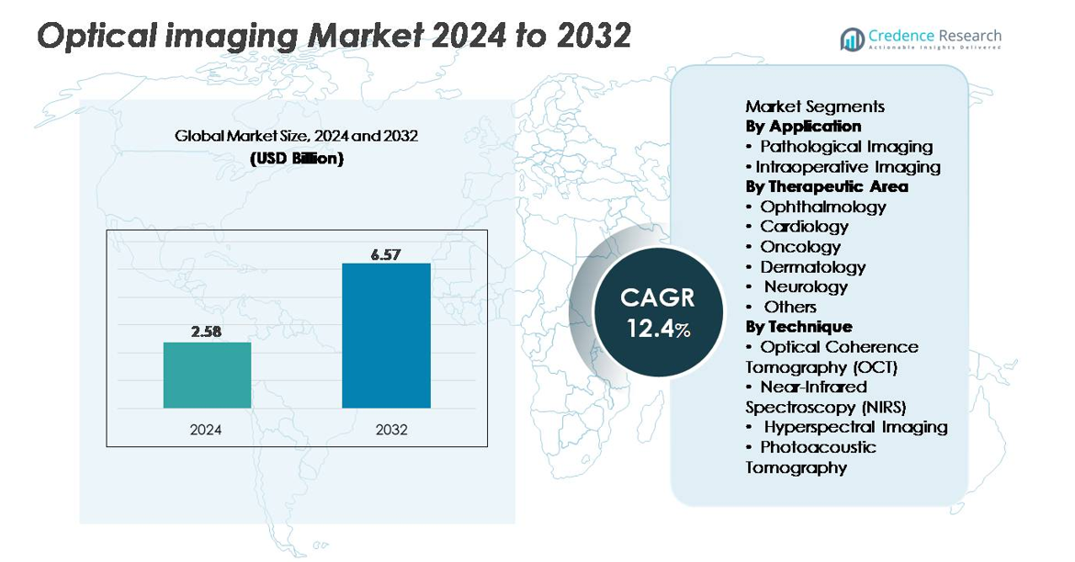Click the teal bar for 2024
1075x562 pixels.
point(207,375)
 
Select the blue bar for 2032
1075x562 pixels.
point(386,335)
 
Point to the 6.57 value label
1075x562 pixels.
point(386,254)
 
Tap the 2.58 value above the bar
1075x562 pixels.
point(207,332)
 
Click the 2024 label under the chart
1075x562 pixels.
point(206,429)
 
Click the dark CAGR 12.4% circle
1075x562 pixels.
point(658,312)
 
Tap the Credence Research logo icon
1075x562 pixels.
point(852,39)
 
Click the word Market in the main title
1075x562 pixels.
point(359,36)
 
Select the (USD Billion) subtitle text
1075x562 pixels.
point(297,158)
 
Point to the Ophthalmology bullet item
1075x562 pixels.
point(822,207)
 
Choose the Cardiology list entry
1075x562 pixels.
point(804,227)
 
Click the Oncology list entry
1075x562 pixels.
point(800,247)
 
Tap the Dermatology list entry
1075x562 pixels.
point(812,267)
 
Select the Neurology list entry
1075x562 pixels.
point(806,287)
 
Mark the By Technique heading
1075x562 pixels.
point(798,327)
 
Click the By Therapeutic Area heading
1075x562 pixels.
point(826,186)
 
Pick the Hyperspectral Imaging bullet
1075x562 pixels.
point(854,427)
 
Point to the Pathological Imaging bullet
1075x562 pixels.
point(845,147)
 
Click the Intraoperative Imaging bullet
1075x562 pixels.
point(847,167)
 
